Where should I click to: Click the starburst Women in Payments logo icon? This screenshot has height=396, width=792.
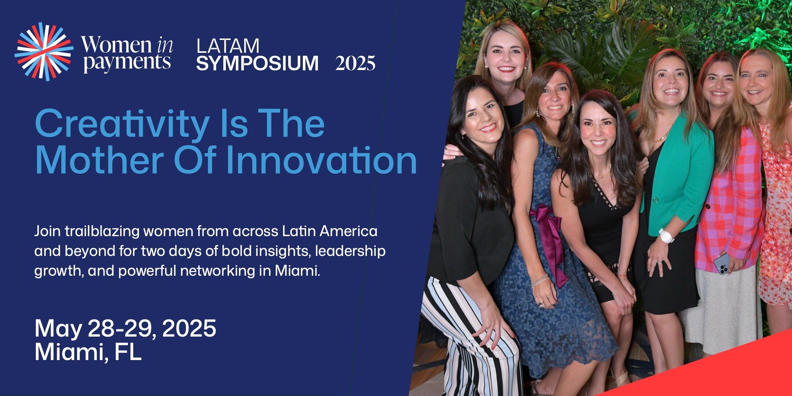coord(44,51)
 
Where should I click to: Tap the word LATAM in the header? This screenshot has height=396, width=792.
coord(228,46)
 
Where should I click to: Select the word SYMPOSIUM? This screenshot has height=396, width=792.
coord(257,63)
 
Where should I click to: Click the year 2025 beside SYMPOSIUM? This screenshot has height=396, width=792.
coord(355,63)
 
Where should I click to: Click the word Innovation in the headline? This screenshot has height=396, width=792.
coord(322,160)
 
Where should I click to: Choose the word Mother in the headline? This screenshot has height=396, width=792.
coord(99,160)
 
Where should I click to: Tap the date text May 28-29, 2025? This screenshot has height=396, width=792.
coord(125,328)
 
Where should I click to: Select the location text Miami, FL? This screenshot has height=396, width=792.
coord(88,352)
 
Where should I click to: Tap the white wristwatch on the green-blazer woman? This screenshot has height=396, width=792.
coord(666,236)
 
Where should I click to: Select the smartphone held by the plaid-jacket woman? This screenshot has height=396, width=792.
coord(722,264)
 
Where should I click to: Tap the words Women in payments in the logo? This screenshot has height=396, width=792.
coord(127,54)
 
